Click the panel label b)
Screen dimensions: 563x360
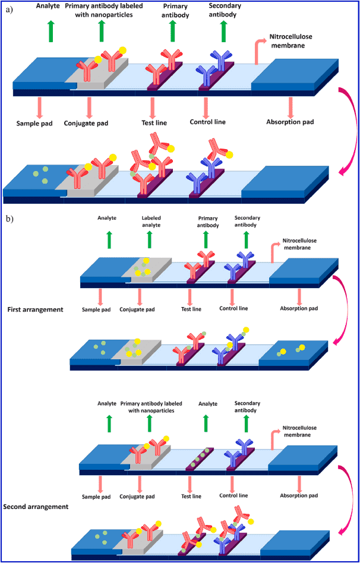coord(10,219)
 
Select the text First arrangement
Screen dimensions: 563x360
coord(35,309)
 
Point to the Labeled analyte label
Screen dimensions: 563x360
coord(151,221)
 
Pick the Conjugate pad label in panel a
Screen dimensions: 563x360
coord(90,124)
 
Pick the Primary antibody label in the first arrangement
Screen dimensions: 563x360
coord(207,221)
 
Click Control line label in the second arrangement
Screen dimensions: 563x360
coord(235,495)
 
